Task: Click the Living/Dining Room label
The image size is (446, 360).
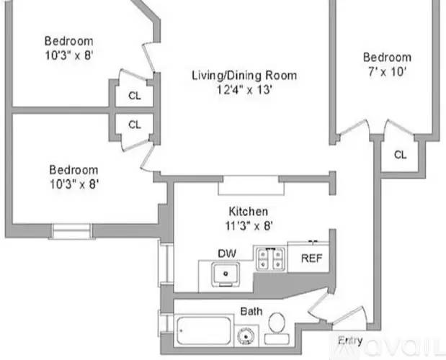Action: click(244, 76)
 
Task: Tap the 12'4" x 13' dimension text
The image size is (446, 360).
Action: click(245, 90)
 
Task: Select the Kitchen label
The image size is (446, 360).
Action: click(249, 212)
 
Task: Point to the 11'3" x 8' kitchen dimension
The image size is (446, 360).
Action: click(249, 226)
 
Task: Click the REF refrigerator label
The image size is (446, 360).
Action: click(311, 258)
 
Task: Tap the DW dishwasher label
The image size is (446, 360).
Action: click(227, 253)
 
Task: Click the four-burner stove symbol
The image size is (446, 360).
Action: click(270, 258)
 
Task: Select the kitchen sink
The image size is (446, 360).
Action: click(226, 274)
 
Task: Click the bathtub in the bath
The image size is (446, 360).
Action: click(203, 330)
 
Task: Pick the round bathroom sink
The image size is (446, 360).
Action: click(246, 336)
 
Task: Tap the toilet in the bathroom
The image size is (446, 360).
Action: click(277, 328)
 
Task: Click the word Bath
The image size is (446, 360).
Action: click(251, 312)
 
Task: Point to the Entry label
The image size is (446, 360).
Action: click(350, 341)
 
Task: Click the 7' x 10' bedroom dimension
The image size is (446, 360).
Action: click(387, 72)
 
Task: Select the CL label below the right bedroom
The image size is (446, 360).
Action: click(400, 155)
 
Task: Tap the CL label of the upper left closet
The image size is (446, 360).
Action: click(135, 96)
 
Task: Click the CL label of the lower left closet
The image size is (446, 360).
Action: click(135, 125)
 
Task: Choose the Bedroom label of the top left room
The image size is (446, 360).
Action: click(69, 41)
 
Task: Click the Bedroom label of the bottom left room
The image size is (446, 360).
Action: click(73, 170)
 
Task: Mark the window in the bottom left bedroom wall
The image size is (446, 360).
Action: click(71, 231)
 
